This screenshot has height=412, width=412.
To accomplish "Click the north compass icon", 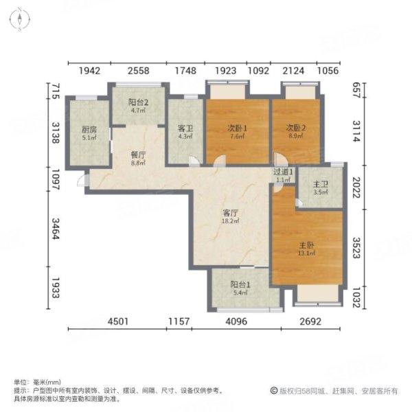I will (x=21, y=20).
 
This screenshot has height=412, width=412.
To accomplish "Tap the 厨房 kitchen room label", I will (x=89, y=128).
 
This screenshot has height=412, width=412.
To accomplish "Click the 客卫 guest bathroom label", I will (x=183, y=128).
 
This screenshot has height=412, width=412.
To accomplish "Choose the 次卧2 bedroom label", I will (x=295, y=128).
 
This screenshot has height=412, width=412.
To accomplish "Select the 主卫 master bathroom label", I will (x=320, y=183).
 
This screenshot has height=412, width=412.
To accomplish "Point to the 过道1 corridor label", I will (x=284, y=172).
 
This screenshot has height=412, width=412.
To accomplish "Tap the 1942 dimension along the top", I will (x=89, y=71).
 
